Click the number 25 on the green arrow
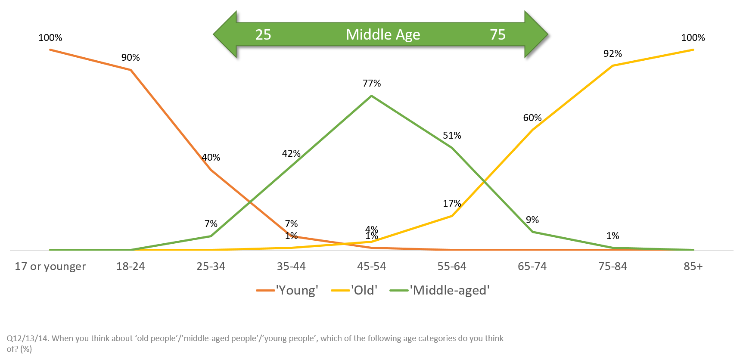tap(263, 34)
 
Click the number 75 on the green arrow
tap(497, 34)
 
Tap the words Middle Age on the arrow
tap(383, 34)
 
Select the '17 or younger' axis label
tap(50, 267)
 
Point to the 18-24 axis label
tap(131, 267)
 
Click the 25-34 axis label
tap(211, 267)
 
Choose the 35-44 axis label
tap(291, 267)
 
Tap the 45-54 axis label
tap(371, 267)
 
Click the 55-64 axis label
tap(452, 267)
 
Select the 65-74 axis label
tap(532, 267)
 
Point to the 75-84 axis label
tap(612, 267)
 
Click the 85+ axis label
tap(693, 267)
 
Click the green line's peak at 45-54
tap(371, 96)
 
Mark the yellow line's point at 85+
tap(693, 50)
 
